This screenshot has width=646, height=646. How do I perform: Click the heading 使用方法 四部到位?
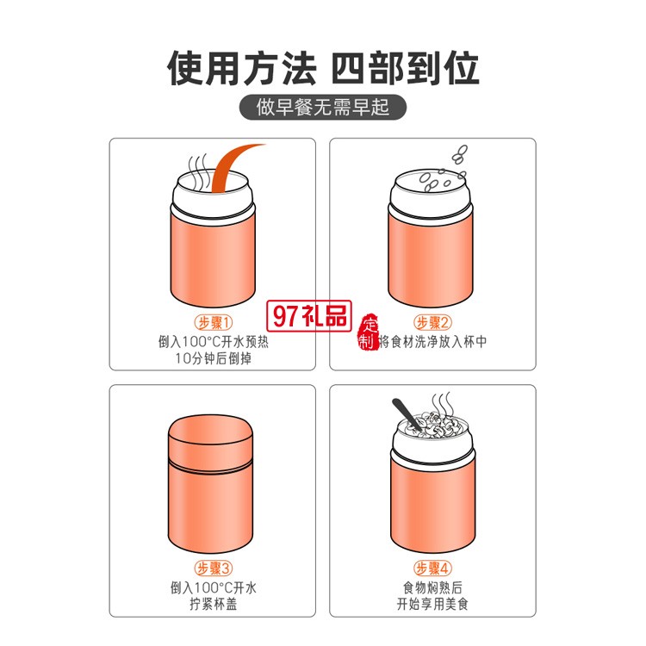pyautogui.click(x=323, y=68)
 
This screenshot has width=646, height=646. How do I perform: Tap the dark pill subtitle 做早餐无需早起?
pyautogui.click(x=323, y=108)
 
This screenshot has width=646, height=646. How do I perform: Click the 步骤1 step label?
pyautogui.click(x=214, y=323)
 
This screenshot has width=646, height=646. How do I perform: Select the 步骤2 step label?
pyautogui.click(x=432, y=323)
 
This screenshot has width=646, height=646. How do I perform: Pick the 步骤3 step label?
pyautogui.click(x=214, y=568)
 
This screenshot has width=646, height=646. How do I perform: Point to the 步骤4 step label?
pyautogui.click(x=432, y=568)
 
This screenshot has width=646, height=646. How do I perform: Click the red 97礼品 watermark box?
pyautogui.click(x=309, y=316)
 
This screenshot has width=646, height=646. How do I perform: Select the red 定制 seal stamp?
pyautogui.click(x=368, y=332)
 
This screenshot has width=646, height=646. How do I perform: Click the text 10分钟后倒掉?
pyautogui.click(x=214, y=358)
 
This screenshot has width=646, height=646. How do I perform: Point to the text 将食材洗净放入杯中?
pyautogui.click(x=432, y=342)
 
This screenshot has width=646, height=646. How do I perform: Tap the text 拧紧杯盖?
pyautogui.click(x=214, y=604)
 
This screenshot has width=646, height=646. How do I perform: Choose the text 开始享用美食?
pyautogui.click(x=432, y=604)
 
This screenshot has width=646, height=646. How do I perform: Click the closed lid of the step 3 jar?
pyautogui.click(x=210, y=440)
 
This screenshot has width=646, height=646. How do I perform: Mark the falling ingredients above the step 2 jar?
pyautogui.click(x=444, y=169)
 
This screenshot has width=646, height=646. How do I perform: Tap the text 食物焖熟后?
pyautogui.click(x=432, y=587)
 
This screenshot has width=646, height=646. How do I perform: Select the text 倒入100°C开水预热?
pyautogui.click(x=214, y=342)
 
